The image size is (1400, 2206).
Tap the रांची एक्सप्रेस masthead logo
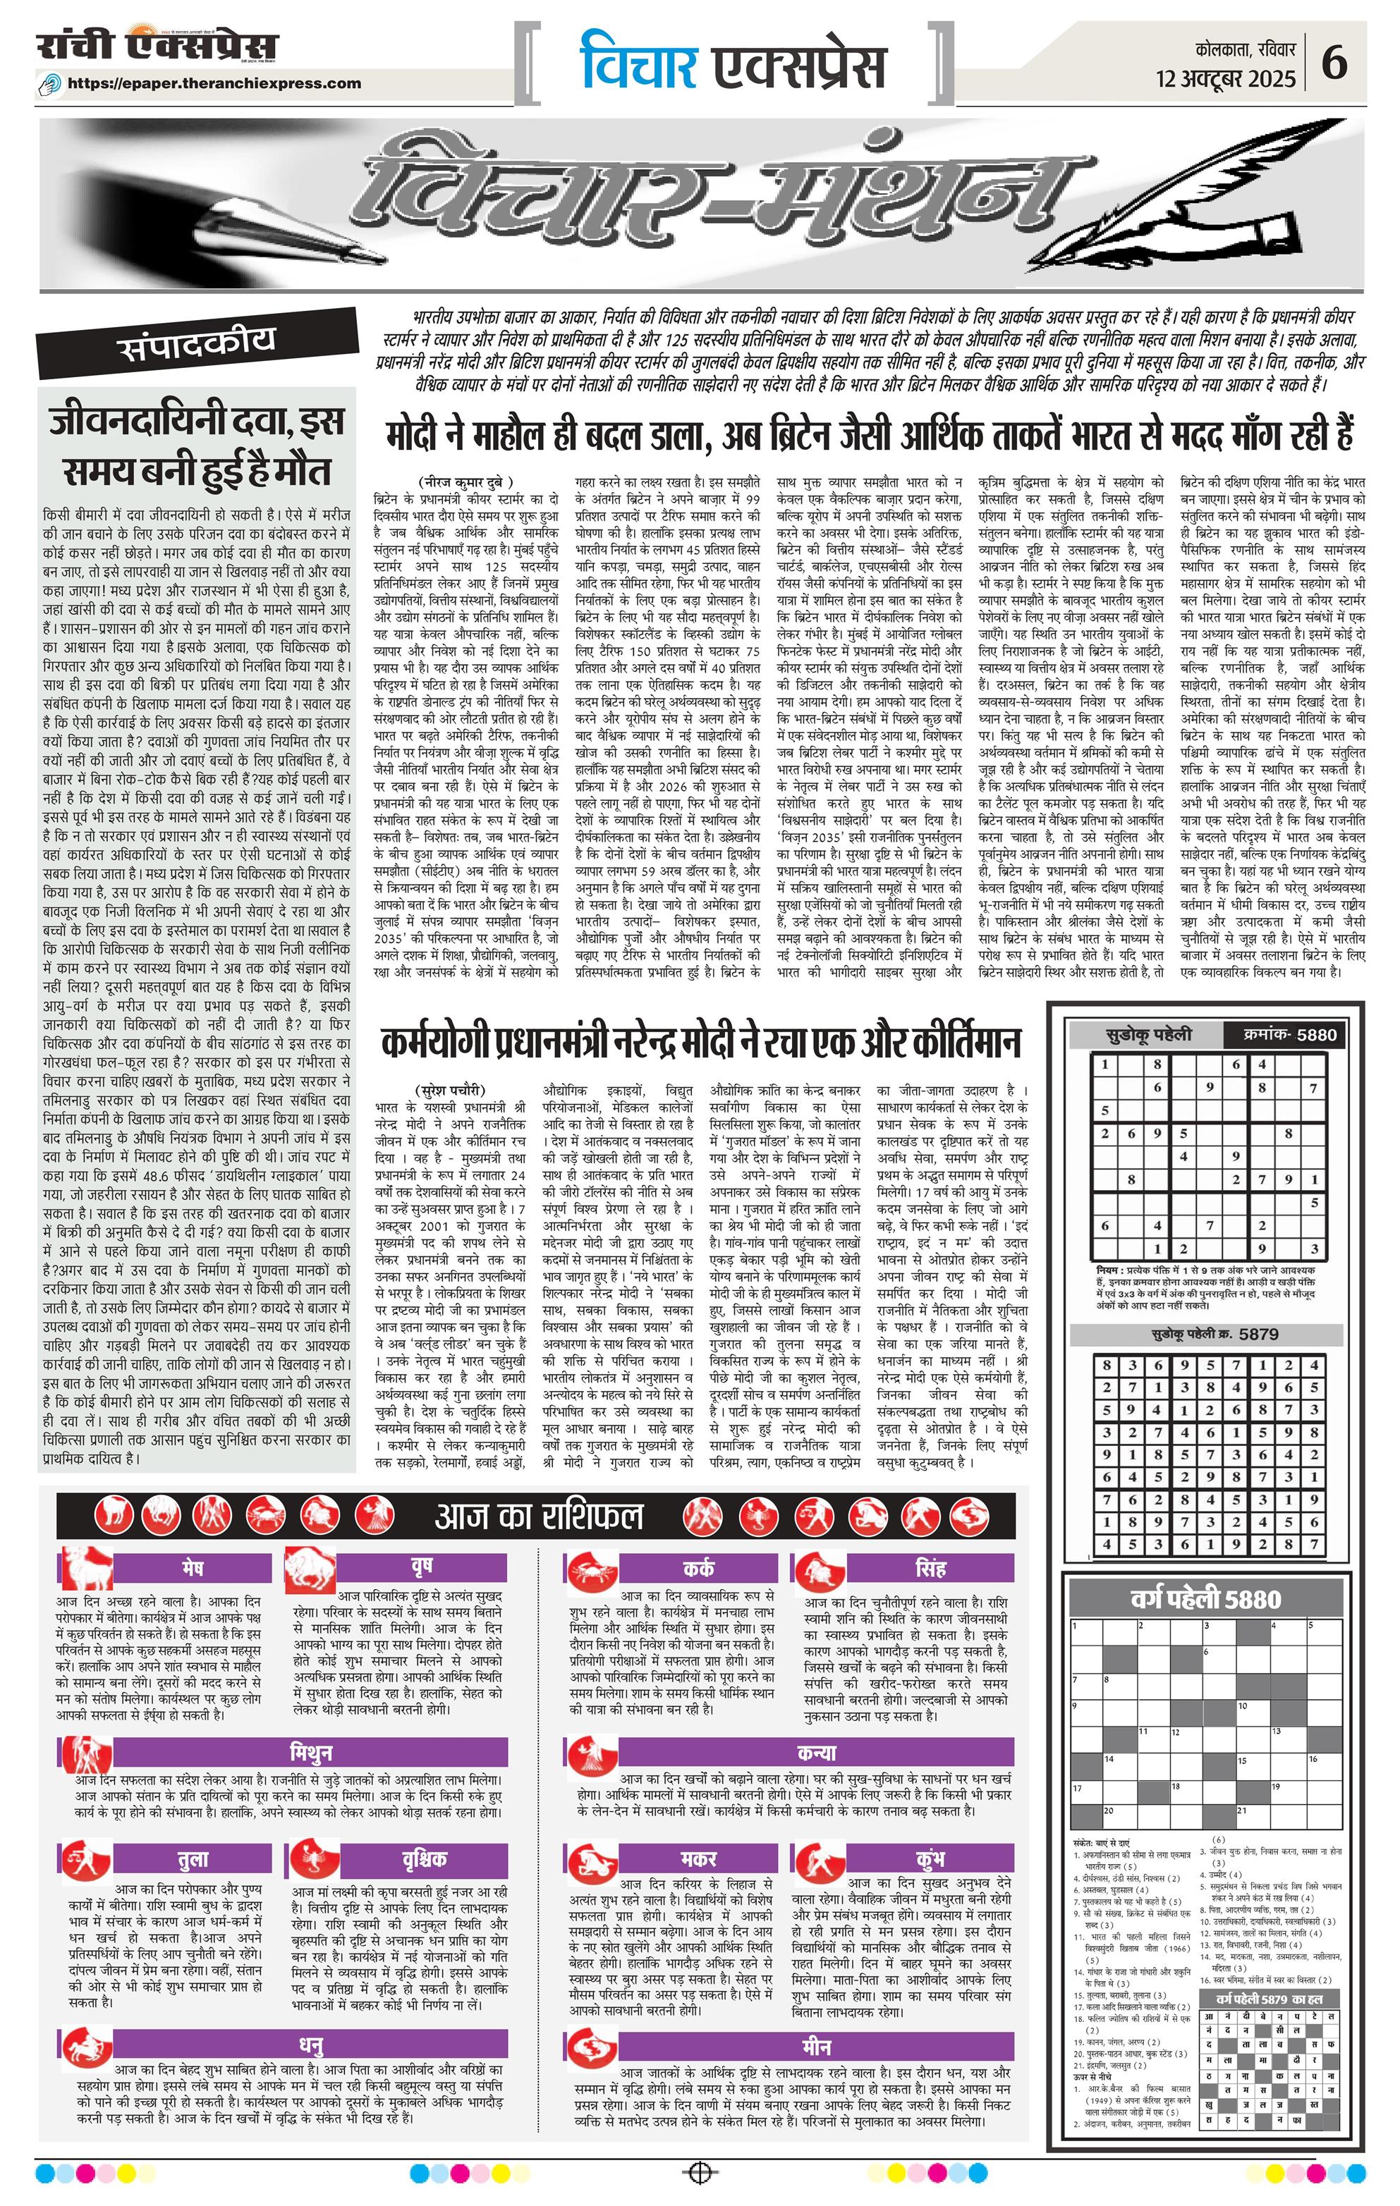click(x=157, y=48)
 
